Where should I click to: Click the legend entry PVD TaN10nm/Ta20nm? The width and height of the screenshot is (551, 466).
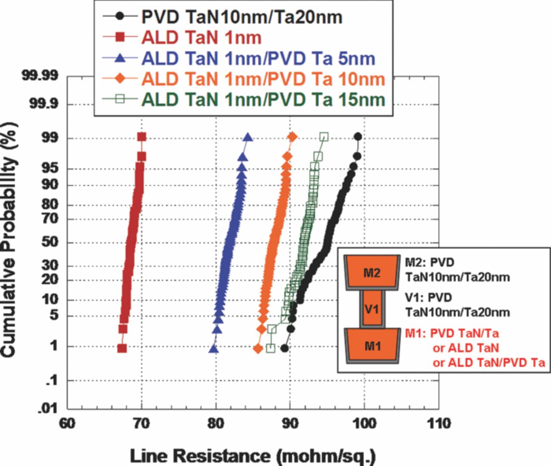pos(241,17)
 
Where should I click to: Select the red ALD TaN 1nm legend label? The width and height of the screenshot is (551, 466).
pos(201,37)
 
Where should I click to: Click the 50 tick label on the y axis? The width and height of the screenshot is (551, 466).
pos(50,242)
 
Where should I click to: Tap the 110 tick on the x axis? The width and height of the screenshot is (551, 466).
pos(439,423)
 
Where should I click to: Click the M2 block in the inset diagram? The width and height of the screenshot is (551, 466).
pos(372,272)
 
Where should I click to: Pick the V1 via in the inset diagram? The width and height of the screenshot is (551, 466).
pos(372,309)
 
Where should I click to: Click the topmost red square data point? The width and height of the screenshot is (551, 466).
pos(142,137)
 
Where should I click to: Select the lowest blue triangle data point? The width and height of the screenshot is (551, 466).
pos(214,349)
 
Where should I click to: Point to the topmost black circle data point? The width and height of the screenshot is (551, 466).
pos(357,137)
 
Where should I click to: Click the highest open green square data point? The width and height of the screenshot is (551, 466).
pos(324,137)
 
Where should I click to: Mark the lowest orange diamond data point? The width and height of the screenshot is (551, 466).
pos(258,349)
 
